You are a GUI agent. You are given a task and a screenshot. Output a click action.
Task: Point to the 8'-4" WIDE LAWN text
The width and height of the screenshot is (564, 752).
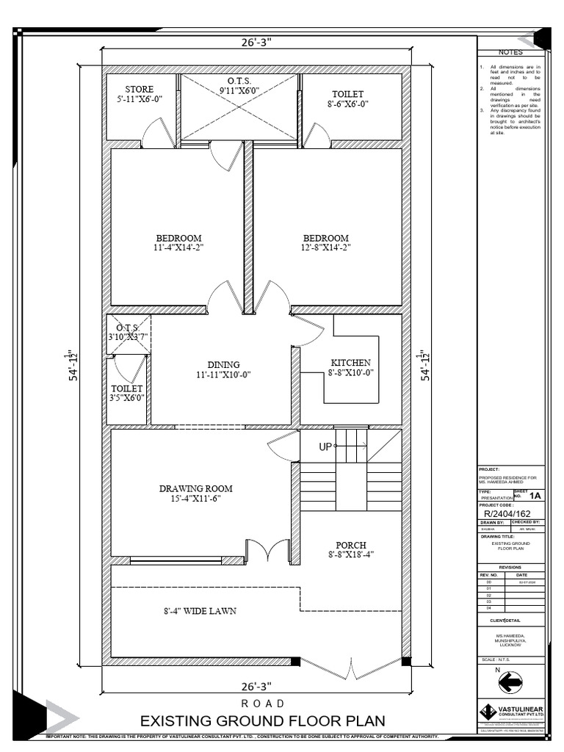pos(200,610)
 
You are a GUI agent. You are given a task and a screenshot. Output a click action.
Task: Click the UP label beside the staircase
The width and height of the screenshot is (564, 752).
pos(325,446)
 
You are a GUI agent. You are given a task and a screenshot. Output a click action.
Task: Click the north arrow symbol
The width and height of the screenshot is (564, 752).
pos(510,683)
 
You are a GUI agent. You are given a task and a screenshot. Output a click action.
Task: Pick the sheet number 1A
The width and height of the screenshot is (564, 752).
pos(535,496)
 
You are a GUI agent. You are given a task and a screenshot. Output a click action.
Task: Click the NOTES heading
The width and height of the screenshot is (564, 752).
pos(510,53)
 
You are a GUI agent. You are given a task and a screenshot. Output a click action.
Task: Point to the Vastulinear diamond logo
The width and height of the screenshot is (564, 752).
pos(488,712)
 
